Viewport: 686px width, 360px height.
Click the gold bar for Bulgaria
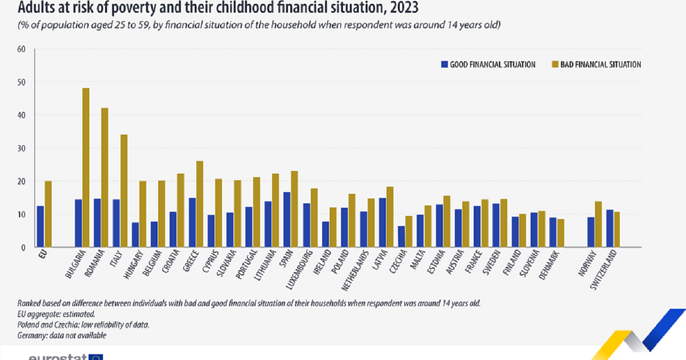(x=86, y=168)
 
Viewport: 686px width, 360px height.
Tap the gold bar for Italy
(x=124, y=191)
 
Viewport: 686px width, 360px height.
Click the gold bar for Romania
(x=105, y=178)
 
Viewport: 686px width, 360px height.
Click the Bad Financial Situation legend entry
(x=595, y=65)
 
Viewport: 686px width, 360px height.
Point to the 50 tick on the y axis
(x=22, y=82)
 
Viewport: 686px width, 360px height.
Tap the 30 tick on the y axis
(x=22, y=149)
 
